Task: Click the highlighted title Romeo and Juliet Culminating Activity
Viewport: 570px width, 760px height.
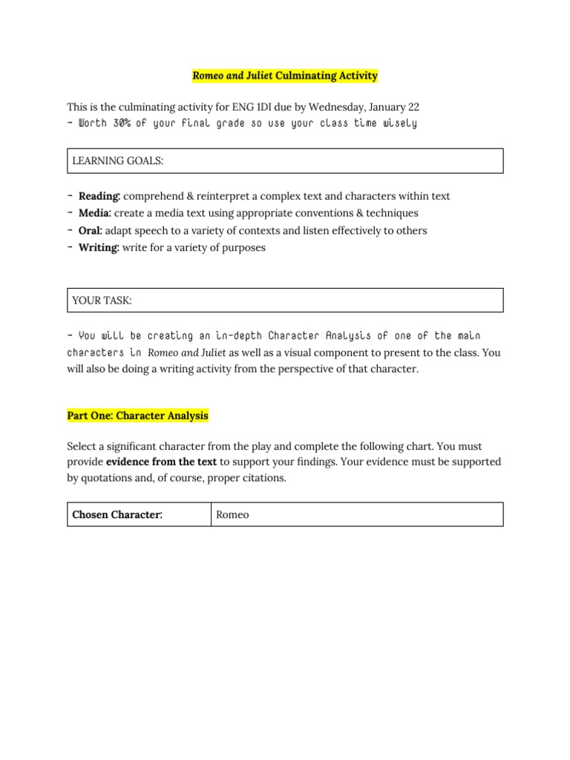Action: point(285,76)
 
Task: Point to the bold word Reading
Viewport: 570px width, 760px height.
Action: point(99,197)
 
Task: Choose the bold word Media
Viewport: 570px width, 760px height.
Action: point(94,214)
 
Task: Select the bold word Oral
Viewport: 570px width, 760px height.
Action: point(91,231)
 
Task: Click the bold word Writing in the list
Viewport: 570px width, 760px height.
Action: point(99,248)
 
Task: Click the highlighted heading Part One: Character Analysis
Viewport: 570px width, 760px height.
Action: point(138,416)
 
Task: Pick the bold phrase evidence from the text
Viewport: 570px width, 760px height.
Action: point(156,462)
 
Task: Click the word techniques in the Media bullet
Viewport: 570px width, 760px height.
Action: point(393,214)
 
